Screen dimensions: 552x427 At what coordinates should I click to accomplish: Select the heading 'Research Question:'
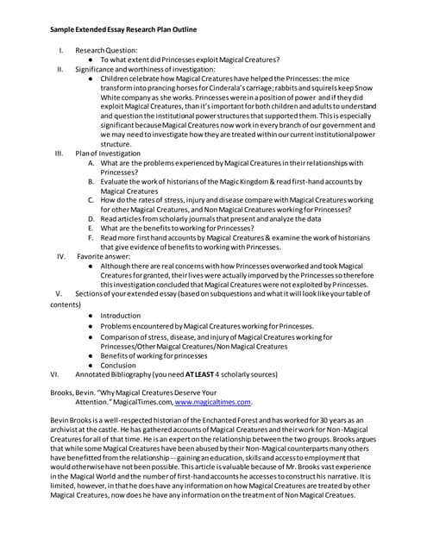point(106,50)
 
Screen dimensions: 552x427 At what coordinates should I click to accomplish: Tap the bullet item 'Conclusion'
point(118,365)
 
